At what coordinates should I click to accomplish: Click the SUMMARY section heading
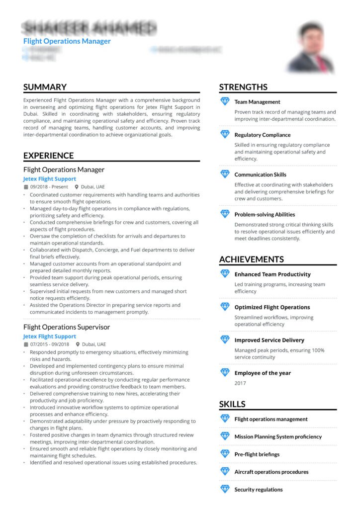tap(45, 87)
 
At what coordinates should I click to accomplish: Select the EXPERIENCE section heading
tap(48, 156)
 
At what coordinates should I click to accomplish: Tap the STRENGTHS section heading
tap(243, 87)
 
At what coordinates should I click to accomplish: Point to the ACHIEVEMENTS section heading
tap(251, 259)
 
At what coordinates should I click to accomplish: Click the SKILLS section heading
tap(232, 404)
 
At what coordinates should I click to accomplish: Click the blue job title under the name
tap(67, 41)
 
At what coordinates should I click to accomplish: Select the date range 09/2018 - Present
tap(49, 187)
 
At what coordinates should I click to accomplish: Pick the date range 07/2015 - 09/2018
tap(49, 344)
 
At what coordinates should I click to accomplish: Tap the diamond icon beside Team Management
tap(225, 101)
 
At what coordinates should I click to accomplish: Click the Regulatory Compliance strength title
tap(262, 135)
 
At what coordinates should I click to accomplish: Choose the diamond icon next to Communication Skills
tap(225, 174)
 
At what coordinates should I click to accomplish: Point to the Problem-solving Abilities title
tap(265, 214)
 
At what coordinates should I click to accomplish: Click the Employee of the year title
tap(263, 373)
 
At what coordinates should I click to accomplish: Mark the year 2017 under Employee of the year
tap(240, 383)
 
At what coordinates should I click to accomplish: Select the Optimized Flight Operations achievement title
tap(272, 307)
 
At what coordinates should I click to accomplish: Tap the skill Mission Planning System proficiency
tap(278, 436)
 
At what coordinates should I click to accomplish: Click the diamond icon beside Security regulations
tap(225, 489)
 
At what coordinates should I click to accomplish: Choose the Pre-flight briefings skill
tap(257, 454)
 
